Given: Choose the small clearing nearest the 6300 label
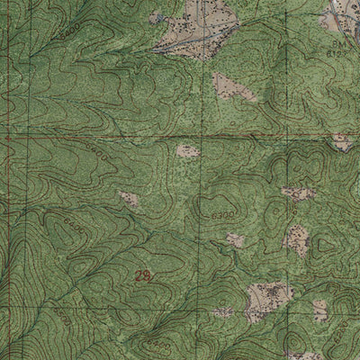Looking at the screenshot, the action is pyautogui.click(x=235, y=240).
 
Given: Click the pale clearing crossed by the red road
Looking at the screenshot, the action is pyautogui.click(x=342, y=141).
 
